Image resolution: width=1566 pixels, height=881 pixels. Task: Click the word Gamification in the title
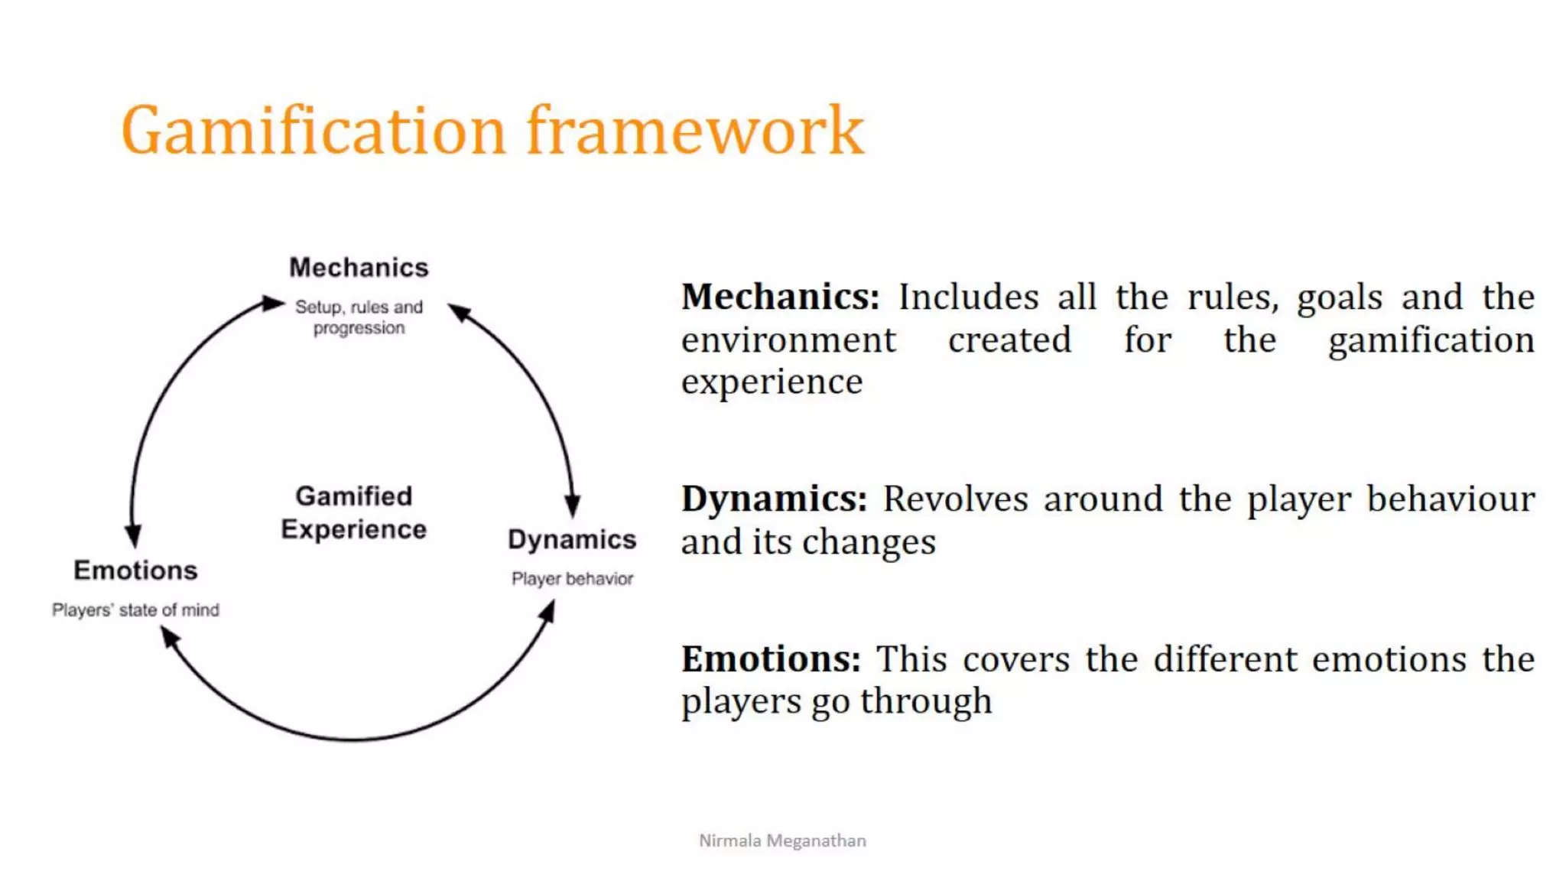coord(314,132)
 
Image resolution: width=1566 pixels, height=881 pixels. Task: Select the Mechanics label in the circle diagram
coord(359,268)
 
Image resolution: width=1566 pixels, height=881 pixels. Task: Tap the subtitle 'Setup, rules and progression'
coord(359,317)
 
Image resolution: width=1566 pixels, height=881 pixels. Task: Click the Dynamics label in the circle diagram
coord(572,540)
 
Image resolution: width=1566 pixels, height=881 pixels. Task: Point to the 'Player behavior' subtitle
coord(572,579)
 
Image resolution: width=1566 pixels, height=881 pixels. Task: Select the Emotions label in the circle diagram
coord(135,571)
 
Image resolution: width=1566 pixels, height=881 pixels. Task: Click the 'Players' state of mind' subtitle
coord(135,610)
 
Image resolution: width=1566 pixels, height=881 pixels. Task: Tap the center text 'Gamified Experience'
coord(353,512)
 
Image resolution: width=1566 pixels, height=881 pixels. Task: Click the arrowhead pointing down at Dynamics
coord(573,506)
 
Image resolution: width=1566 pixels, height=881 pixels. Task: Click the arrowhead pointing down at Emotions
coord(134,535)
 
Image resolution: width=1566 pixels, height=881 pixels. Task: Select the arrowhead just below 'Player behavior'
coord(547,612)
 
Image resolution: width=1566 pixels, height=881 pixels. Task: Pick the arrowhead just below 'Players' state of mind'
coord(169,636)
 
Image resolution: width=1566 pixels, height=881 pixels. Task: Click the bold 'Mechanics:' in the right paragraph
coord(780,297)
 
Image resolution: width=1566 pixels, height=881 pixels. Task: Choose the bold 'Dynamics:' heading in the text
coord(774,499)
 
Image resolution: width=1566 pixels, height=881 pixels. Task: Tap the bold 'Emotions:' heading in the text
coord(771,659)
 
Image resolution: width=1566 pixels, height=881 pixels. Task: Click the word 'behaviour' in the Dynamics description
coord(1450,499)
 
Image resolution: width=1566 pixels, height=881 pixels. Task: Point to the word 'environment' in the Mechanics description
coord(788,340)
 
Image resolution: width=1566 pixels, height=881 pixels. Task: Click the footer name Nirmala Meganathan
coord(782,840)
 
